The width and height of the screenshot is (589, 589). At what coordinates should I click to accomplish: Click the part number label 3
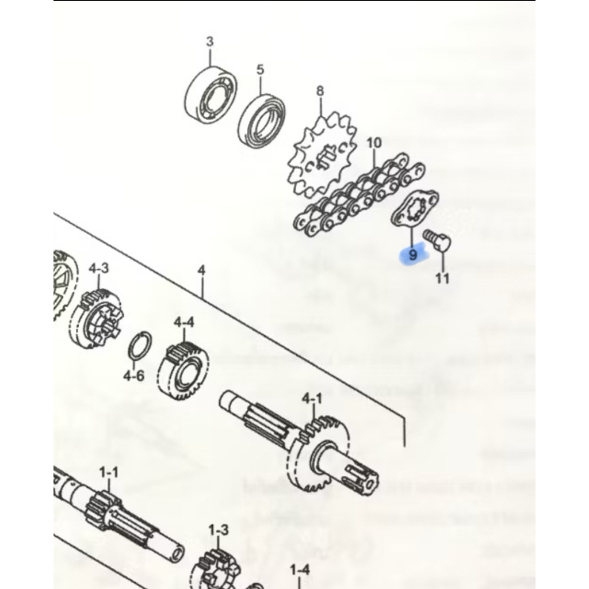(x=209, y=41)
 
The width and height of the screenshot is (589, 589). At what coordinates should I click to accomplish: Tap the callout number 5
(x=261, y=70)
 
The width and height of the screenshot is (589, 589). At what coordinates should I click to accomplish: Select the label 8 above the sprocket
(x=320, y=91)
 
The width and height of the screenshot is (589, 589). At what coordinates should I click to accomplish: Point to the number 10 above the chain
(x=374, y=143)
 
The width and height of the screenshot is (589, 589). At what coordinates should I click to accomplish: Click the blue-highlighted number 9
(x=413, y=255)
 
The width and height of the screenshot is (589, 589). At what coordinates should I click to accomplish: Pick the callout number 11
(x=442, y=278)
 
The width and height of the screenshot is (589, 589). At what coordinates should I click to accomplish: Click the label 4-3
(x=99, y=269)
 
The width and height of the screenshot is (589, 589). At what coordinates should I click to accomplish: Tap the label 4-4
(x=184, y=322)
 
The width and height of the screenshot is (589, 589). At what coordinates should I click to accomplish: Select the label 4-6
(x=134, y=375)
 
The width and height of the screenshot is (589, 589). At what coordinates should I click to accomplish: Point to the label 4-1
(x=312, y=399)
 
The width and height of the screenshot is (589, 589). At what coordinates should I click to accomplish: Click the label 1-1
(x=109, y=472)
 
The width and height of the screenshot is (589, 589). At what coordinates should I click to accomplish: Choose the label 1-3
(x=218, y=530)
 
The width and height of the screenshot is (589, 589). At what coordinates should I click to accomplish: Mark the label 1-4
(x=300, y=570)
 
